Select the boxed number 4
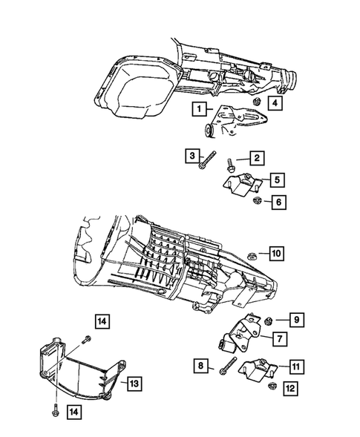point(275,103)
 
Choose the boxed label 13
point(135,383)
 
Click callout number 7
point(279,338)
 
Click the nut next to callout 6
point(257,200)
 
